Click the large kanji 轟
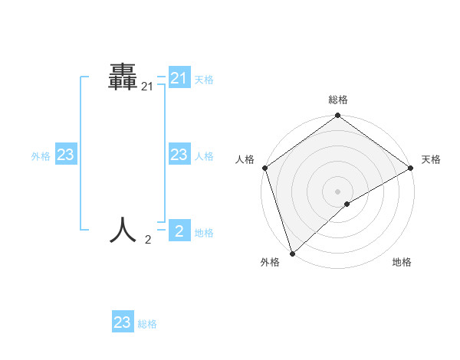123,78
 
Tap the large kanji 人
123,229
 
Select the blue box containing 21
179,78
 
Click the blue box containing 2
179,230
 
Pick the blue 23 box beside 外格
66,155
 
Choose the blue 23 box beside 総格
123,322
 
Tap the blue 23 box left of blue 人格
179,155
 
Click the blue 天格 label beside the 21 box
204,79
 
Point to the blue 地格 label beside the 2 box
204,233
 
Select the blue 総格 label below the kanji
147,324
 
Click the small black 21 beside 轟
147,88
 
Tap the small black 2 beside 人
148,240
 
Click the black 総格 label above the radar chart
337,100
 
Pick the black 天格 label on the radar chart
431,159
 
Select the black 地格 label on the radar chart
402,262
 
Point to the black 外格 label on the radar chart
270,262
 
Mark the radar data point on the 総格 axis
337,116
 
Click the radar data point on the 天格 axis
410,168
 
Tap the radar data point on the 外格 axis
292,253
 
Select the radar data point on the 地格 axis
347,204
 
